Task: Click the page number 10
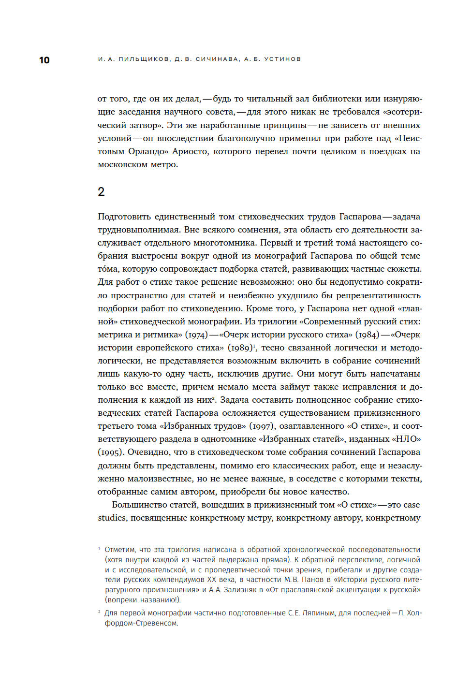point(44,60)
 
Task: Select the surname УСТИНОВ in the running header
point(282,59)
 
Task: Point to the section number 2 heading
point(101,192)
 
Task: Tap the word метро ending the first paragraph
point(163,164)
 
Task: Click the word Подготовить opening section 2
point(124,217)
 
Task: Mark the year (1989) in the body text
point(240,348)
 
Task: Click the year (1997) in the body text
point(262,426)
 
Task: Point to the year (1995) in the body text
point(111,452)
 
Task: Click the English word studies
point(112,518)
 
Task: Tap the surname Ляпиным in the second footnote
point(317,613)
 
